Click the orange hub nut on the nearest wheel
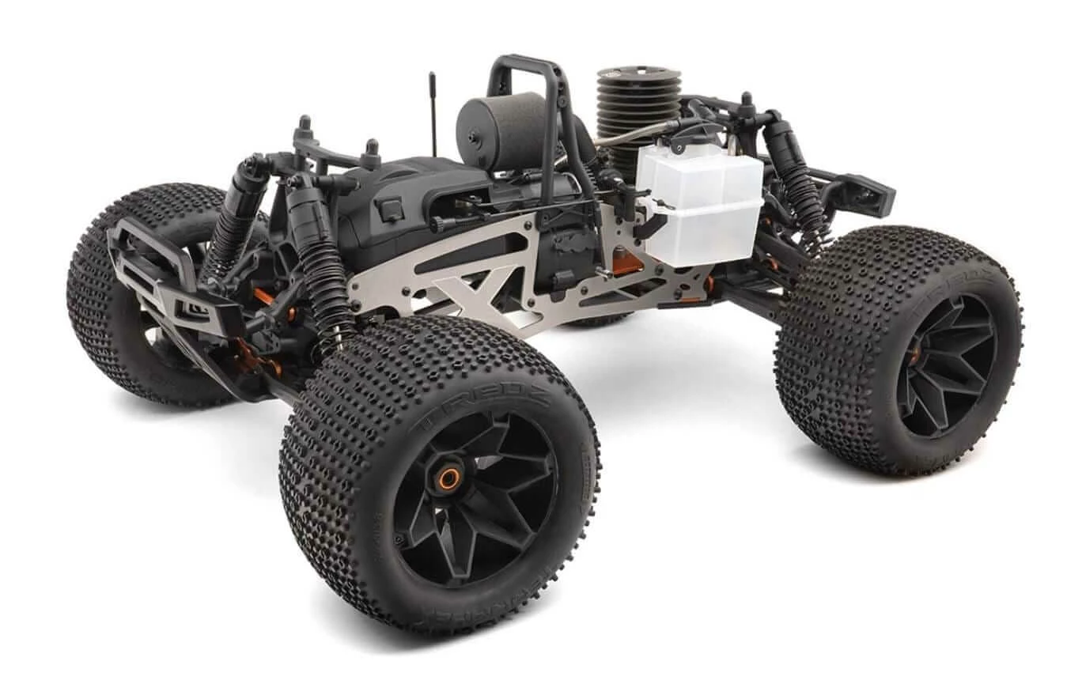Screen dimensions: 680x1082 click(x=448, y=478)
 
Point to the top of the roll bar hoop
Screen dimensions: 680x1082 click(x=525, y=62)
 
